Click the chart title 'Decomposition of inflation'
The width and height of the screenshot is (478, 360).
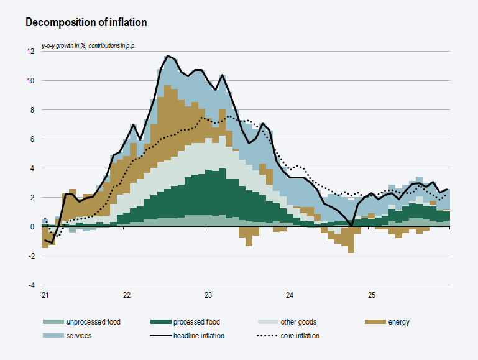click(86, 23)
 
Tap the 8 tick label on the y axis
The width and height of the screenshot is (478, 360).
click(32, 110)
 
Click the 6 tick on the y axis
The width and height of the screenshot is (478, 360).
click(32, 139)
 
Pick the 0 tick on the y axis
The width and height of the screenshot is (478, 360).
click(32, 227)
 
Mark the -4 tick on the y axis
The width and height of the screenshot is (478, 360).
click(30, 285)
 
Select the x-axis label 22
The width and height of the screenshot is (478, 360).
click(127, 295)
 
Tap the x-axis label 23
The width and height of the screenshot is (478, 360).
click(208, 295)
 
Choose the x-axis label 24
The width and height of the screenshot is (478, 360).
click(290, 295)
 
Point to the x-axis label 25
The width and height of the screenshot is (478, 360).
click(371, 295)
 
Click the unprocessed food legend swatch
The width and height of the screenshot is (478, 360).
click(52, 322)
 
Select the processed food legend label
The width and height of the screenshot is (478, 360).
click(196, 322)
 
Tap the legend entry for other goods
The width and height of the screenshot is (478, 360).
click(298, 322)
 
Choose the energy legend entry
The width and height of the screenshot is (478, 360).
click(398, 322)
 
